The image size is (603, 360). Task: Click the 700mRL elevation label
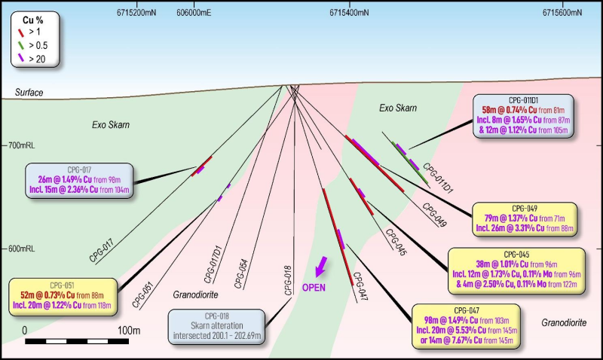pyautogui.click(x=18, y=143)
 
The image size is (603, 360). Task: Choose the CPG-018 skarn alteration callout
pyautogui.click(x=217, y=325)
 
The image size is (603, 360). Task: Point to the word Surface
pyautogui.click(x=29, y=93)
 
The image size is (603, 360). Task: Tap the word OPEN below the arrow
pyautogui.click(x=314, y=288)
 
